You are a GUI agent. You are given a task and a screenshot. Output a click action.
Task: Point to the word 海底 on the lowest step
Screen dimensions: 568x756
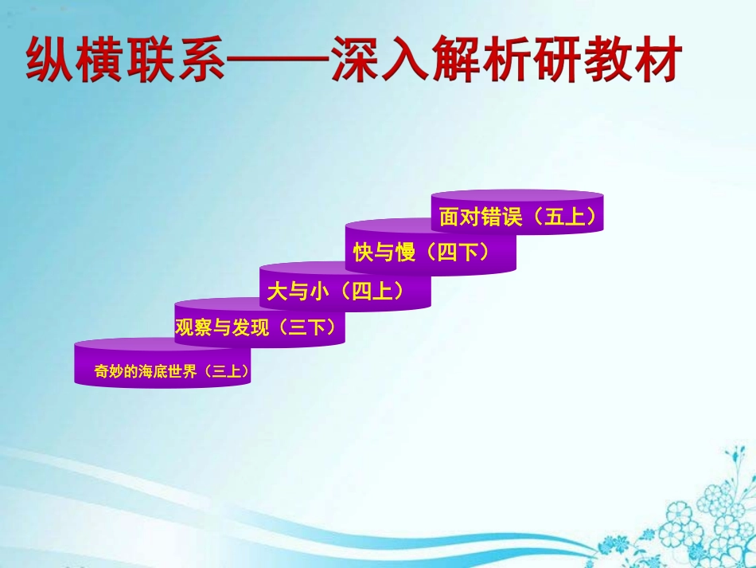(155, 371)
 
